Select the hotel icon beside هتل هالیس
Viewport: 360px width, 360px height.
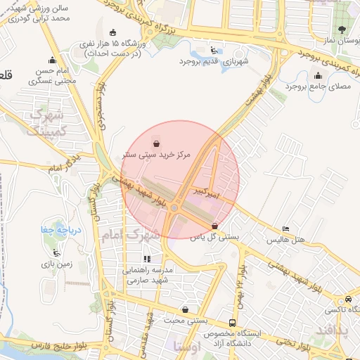tap(285, 229)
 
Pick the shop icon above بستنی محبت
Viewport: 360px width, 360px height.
tap(185, 309)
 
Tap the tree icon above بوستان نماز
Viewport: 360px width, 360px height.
tap(342, 30)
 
